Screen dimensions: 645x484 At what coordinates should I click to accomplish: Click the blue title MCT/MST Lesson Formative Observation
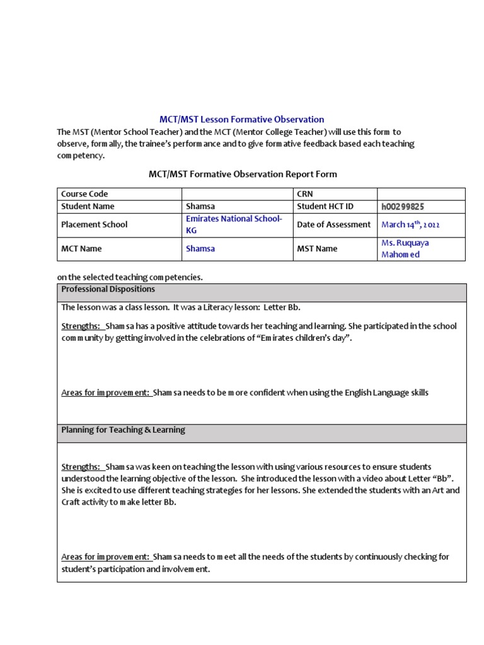click(242, 119)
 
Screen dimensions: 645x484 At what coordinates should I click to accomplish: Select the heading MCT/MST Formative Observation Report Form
click(243, 174)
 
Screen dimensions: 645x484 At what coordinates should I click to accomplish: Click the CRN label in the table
click(305, 194)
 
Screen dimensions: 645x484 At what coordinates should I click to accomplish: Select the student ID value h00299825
click(406, 206)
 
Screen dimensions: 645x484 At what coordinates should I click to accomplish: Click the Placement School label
click(94, 224)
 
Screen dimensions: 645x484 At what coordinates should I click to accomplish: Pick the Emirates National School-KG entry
click(234, 224)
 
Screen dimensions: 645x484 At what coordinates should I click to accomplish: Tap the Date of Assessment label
click(333, 224)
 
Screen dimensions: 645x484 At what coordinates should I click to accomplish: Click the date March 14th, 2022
click(410, 224)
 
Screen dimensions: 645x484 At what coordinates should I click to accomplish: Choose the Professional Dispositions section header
click(108, 289)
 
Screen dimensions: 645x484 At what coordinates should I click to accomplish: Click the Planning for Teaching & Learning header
click(123, 430)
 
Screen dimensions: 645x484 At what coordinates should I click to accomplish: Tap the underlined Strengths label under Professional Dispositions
click(81, 326)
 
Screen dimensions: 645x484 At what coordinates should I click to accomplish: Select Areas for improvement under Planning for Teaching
click(105, 557)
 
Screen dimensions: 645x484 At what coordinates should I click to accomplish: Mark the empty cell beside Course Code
click(238, 194)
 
